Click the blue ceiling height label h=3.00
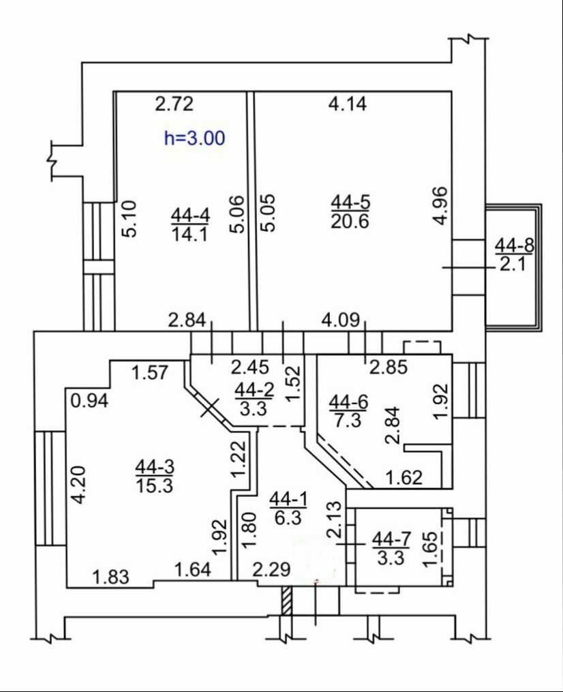pos(194,138)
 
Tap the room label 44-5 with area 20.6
pos(350,212)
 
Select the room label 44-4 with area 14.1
pos(190,224)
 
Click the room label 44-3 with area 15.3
pos(155,475)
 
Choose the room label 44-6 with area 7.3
pos(348,411)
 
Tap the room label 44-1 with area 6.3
pos(288,509)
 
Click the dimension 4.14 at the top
pos(348,104)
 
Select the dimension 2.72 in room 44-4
pos(174,104)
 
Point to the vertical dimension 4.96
pos(440,206)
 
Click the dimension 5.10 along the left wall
pos(130,219)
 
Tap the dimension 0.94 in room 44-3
pos(89,401)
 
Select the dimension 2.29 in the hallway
pos(271,569)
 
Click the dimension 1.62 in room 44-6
pos(404,477)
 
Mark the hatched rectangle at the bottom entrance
pos(287,600)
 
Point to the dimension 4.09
pos(340,320)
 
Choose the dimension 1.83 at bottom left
pos(111,577)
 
